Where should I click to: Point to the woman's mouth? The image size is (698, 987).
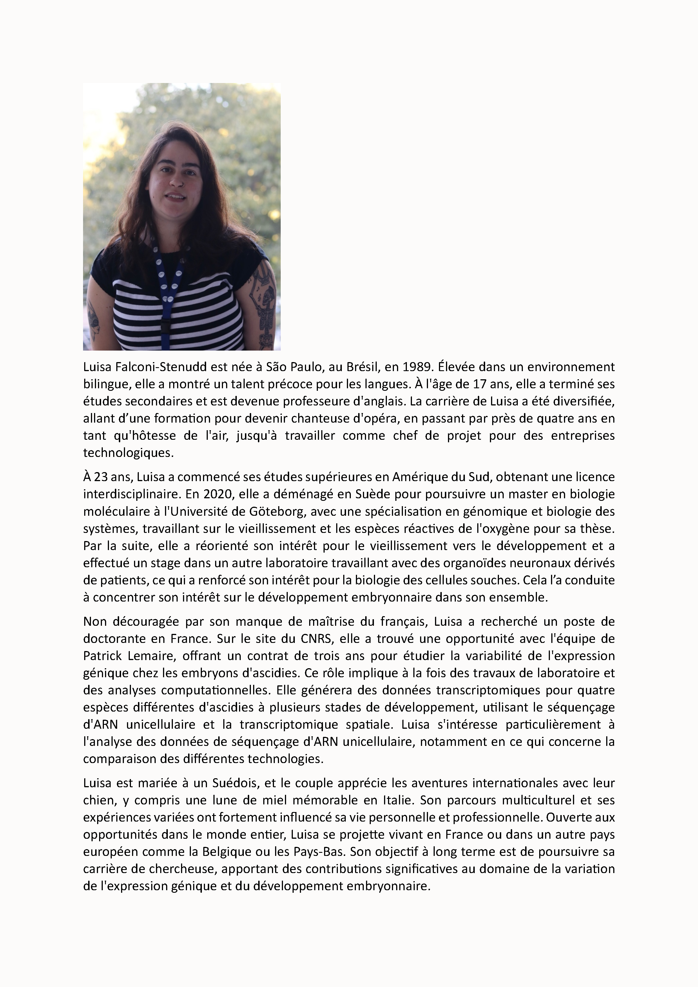coord(175,197)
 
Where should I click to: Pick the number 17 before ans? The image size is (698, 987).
coord(478,384)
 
